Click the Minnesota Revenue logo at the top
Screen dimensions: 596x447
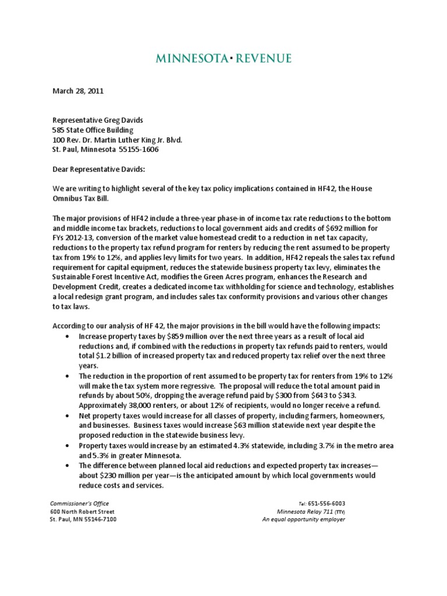223,58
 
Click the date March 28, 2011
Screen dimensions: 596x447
79,91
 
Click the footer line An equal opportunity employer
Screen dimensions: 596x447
303,520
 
